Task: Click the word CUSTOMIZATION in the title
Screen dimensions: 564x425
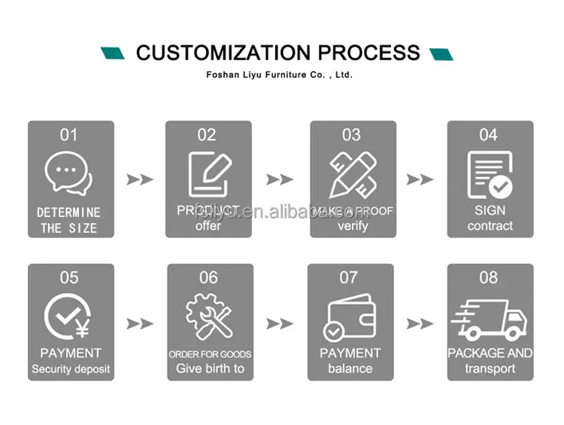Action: tap(223, 53)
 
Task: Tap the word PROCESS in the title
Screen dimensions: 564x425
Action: tap(368, 53)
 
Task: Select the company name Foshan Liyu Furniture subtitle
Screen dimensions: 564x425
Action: tap(279, 75)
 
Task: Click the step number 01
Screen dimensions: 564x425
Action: tap(68, 135)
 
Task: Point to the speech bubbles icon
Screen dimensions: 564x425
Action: tap(68, 171)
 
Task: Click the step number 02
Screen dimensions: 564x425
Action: tap(207, 135)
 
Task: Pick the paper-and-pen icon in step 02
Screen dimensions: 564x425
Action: tap(208, 174)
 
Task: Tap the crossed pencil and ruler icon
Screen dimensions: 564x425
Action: tap(351, 174)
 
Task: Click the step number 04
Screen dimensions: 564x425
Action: tap(489, 135)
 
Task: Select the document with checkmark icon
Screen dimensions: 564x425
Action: tap(490, 174)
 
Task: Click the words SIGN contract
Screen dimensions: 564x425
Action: tap(490, 218)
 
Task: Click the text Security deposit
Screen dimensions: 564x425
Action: tap(71, 369)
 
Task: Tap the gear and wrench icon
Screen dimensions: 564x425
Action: tap(208, 317)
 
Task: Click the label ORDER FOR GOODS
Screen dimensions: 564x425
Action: tap(210, 354)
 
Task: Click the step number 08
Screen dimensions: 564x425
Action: tap(489, 278)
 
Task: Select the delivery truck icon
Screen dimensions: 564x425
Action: tap(490, 317)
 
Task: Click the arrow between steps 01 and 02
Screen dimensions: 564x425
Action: tap(139, 179)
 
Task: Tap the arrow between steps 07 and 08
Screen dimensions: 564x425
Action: tap(420, 324)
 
